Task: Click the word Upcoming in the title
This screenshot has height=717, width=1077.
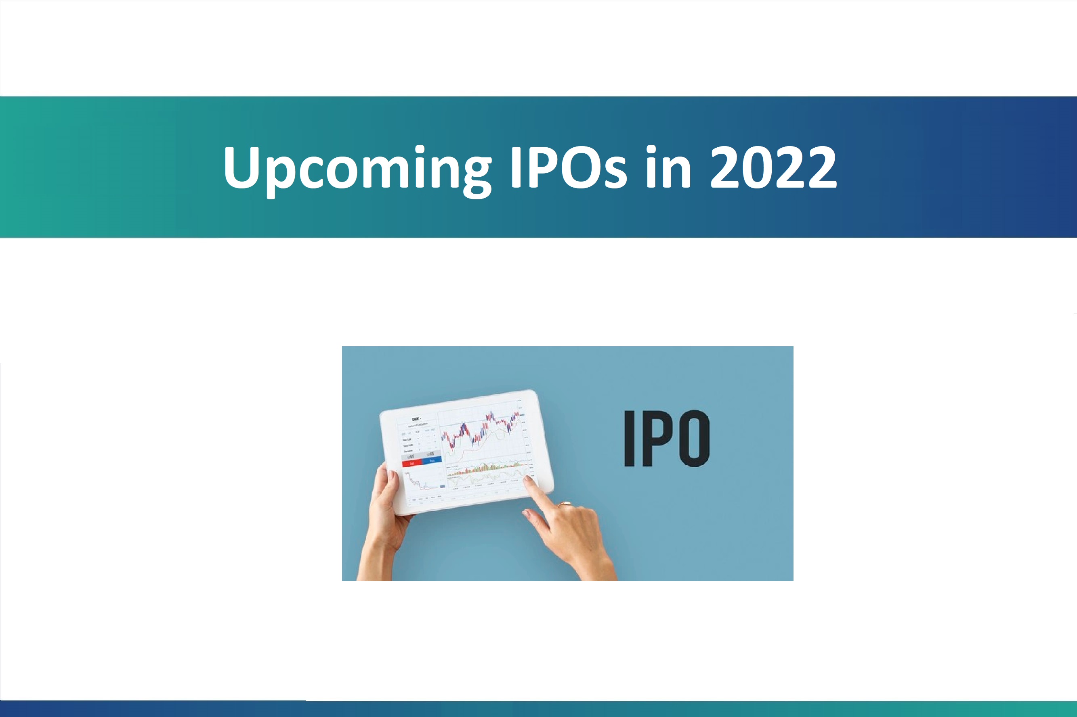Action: pos(357,168)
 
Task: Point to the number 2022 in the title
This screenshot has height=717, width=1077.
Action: pos(773,168)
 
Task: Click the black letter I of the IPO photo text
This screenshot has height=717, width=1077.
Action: pos(630,438)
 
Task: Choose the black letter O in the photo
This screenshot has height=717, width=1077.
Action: pos(694,438)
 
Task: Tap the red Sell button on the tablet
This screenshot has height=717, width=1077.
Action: pos(412,463)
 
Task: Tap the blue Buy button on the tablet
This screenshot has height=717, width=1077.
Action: pos(432,461)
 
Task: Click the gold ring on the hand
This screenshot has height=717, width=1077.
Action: pos(565,504)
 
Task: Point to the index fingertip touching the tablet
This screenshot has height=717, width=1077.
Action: pos(529,479)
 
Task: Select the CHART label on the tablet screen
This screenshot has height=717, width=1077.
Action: pos(416,419)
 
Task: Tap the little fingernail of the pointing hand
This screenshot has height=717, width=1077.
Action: pos(526,514)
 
